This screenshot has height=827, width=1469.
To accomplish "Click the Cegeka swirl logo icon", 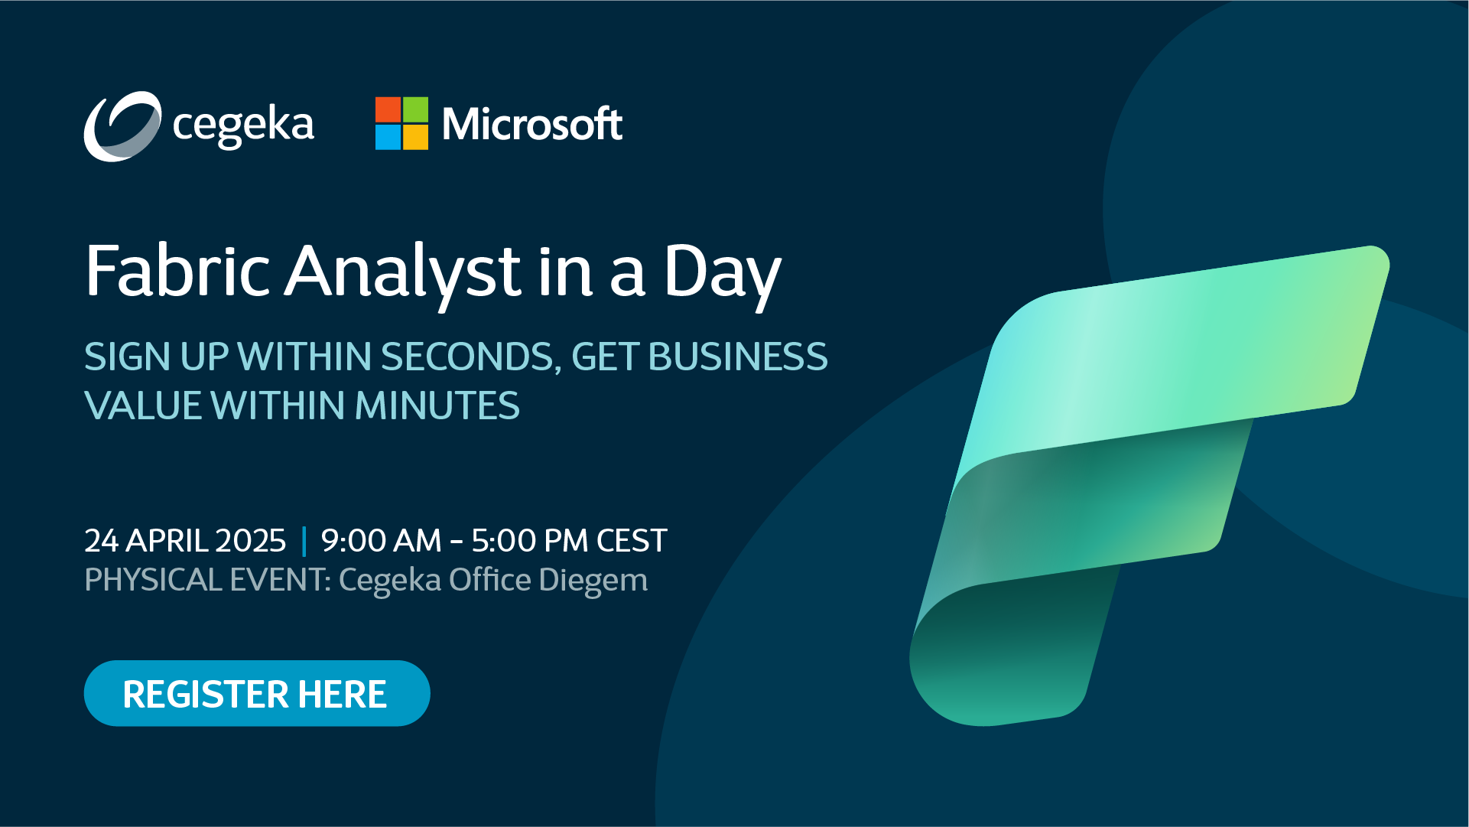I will click(x=122, y=126).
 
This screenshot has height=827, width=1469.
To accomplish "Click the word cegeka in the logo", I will click(x=243, y=125).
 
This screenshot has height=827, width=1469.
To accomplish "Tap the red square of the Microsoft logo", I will click(x=388, y=109).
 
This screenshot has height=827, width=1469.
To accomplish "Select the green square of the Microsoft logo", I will click(x=415, y=109).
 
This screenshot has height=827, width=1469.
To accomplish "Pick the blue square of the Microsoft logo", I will click(x=388, y=137).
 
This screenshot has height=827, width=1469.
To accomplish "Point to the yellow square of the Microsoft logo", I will click(x=415, y=137).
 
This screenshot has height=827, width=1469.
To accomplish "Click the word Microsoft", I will click(x=532, y=124).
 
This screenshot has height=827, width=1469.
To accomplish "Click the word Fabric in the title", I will click(x=177, y=271).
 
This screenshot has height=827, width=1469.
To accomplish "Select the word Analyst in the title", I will click(x=402, y=272).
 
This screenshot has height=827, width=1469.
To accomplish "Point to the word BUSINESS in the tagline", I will click(x=738, y=357).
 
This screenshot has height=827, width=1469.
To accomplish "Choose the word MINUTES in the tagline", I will click(x=437, y=406).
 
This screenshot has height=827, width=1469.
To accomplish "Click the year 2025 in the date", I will click(x=251, y=541).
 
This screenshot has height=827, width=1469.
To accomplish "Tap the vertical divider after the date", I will click(x=304, y=541).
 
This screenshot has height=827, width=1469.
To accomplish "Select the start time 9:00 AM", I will click(x=381, y=541).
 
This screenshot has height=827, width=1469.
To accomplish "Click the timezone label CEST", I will click(x=632, y=541).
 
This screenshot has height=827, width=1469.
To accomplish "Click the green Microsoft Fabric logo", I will click(x=1147, y=482).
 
